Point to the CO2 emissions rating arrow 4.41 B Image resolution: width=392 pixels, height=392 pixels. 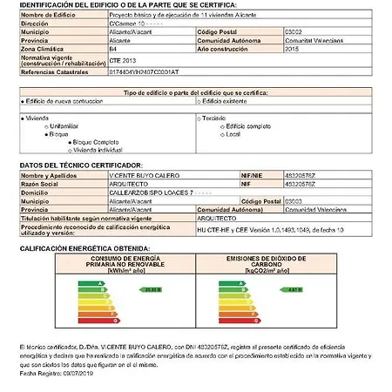[294, 288]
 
